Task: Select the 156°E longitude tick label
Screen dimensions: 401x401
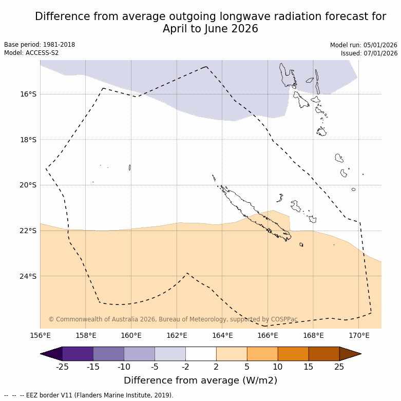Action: tap(40, 336)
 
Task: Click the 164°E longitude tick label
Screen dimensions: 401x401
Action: tap(222, 336)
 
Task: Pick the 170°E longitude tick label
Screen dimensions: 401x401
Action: tap(359, 336)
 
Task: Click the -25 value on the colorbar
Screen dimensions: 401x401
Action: tap(62, 367)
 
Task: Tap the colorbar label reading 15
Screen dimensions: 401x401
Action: tap(309, 367)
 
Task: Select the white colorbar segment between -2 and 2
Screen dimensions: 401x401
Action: tap(201, 354)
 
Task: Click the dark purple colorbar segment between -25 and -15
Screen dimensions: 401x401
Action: tap(78, 354)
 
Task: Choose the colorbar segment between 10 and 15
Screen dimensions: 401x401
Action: tap(293, 354)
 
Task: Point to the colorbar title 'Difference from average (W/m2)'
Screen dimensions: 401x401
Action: tap(200, 380)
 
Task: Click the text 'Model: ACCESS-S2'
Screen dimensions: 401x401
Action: tap(31, 53)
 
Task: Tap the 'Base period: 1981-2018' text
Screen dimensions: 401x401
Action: tap(40, 45)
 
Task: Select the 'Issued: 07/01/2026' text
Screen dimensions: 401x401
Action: tap(369, 53)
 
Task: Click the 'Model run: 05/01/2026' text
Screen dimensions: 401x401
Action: tap(364, 45)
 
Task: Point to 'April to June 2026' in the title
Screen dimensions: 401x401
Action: tap(211, 29)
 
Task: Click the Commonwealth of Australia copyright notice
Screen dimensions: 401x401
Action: tap(173, 319)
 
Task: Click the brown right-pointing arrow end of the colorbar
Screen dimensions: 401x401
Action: tap(350, 354)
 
